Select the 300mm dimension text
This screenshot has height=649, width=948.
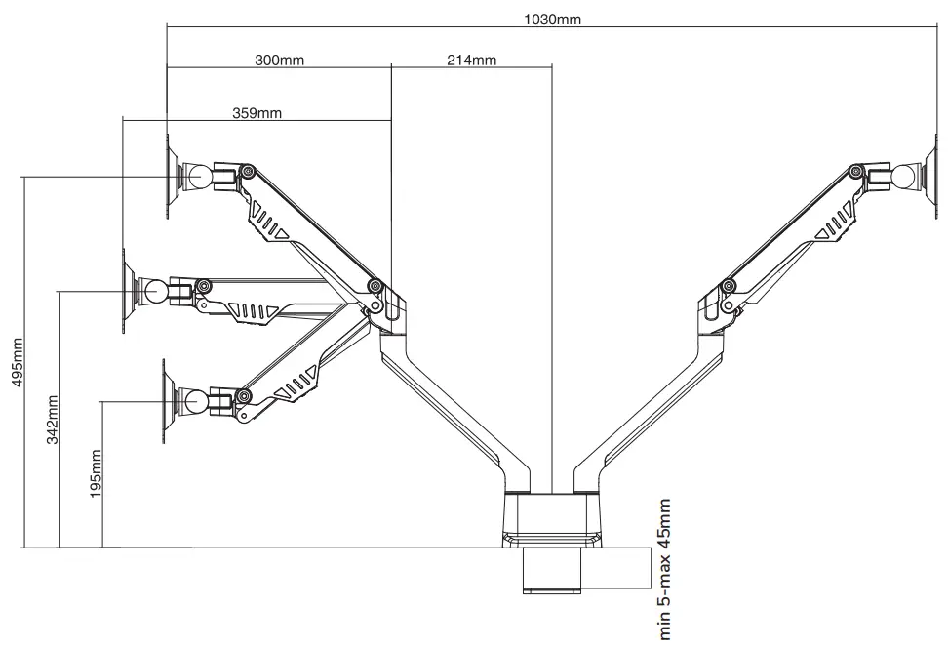pyautogui.click(x=279, y=60)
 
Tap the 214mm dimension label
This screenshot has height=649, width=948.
pyautogui.click(x=471, y=60)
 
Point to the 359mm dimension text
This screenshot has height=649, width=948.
pyautogui.click(x=257, y=113)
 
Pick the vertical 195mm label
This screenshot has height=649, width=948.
pyautogui.click(x=96, y=473)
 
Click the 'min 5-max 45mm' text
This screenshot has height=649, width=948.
pyautogui.click(x=666, y=568)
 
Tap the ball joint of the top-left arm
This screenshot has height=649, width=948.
pyautogui.click(x=201, y=177)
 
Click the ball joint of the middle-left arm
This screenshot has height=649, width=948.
pyautogui.click(x=156, y=290)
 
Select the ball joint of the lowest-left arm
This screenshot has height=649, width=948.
pyautogui.click(x=194, y=400)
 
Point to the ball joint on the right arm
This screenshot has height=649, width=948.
pyautogui.click(x=906, y=177)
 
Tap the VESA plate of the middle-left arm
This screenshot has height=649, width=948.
pyautogui.click(x=127, y=291)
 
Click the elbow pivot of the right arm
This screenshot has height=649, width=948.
pyautogui.click(x=728, y=286)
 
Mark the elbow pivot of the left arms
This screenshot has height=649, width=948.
pyautogui.click(x=375, y=286)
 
